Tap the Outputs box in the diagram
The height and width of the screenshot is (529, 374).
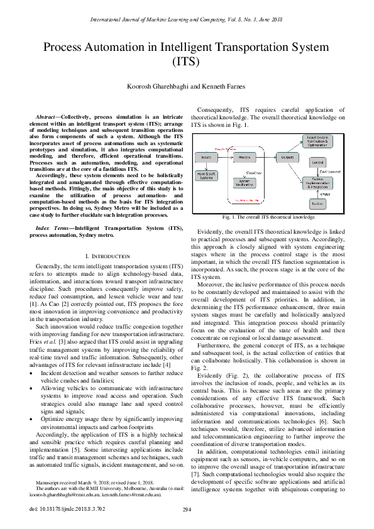pyautogui.click(x=289, y=156)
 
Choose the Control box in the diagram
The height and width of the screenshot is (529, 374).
pyautogui.click(x=317, y=163)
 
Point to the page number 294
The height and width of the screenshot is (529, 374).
pyautogui.click(x=187, y=510)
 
